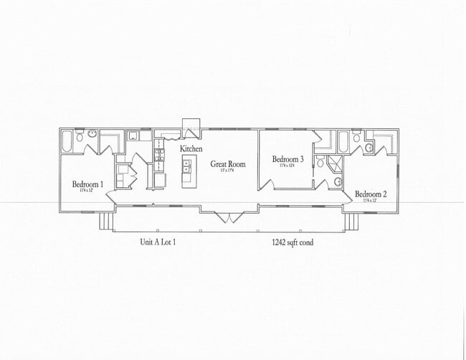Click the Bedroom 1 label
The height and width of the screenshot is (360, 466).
[88, 184]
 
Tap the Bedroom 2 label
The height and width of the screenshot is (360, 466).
[371, 194]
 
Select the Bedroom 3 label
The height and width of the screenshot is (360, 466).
[287, 159]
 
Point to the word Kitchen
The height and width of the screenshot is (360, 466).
[191, 148]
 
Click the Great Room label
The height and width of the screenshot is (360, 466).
[227, 164]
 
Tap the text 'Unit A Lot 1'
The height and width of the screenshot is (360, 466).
[158, 242]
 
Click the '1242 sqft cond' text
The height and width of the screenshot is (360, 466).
[292, 242]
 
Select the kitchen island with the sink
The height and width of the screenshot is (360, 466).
[187, 171]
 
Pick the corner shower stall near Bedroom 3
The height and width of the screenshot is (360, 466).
[335, 165]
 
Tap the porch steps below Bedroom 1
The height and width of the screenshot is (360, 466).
[107, 222]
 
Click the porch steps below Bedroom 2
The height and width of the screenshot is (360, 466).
[350, 222]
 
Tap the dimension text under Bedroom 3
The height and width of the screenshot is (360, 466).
[287, 166]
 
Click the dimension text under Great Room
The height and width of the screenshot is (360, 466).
[227, 170]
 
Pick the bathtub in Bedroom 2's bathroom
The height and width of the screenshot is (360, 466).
[343, 141]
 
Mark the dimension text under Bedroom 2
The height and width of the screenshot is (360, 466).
[371, 201]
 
